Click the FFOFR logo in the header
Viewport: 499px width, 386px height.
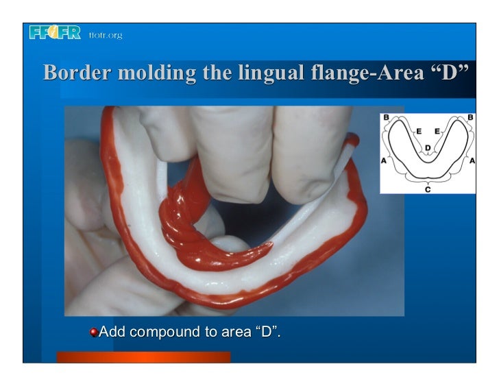pyautogui.click(x=55, y=34)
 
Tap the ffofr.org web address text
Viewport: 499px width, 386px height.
pyautogui.click(x=105, y=35)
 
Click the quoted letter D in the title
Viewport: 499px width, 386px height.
pyautogui.click(x=454, y=73)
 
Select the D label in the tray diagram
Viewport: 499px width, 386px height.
pyautogui.click(x=428, y=147)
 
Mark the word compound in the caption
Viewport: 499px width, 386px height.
pyautogui.click(x=165, y=333)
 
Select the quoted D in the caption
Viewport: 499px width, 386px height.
pyautogui.click(x=267, y=333)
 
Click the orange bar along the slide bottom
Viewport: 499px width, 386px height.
pyautogui.click(x=143, y=357)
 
